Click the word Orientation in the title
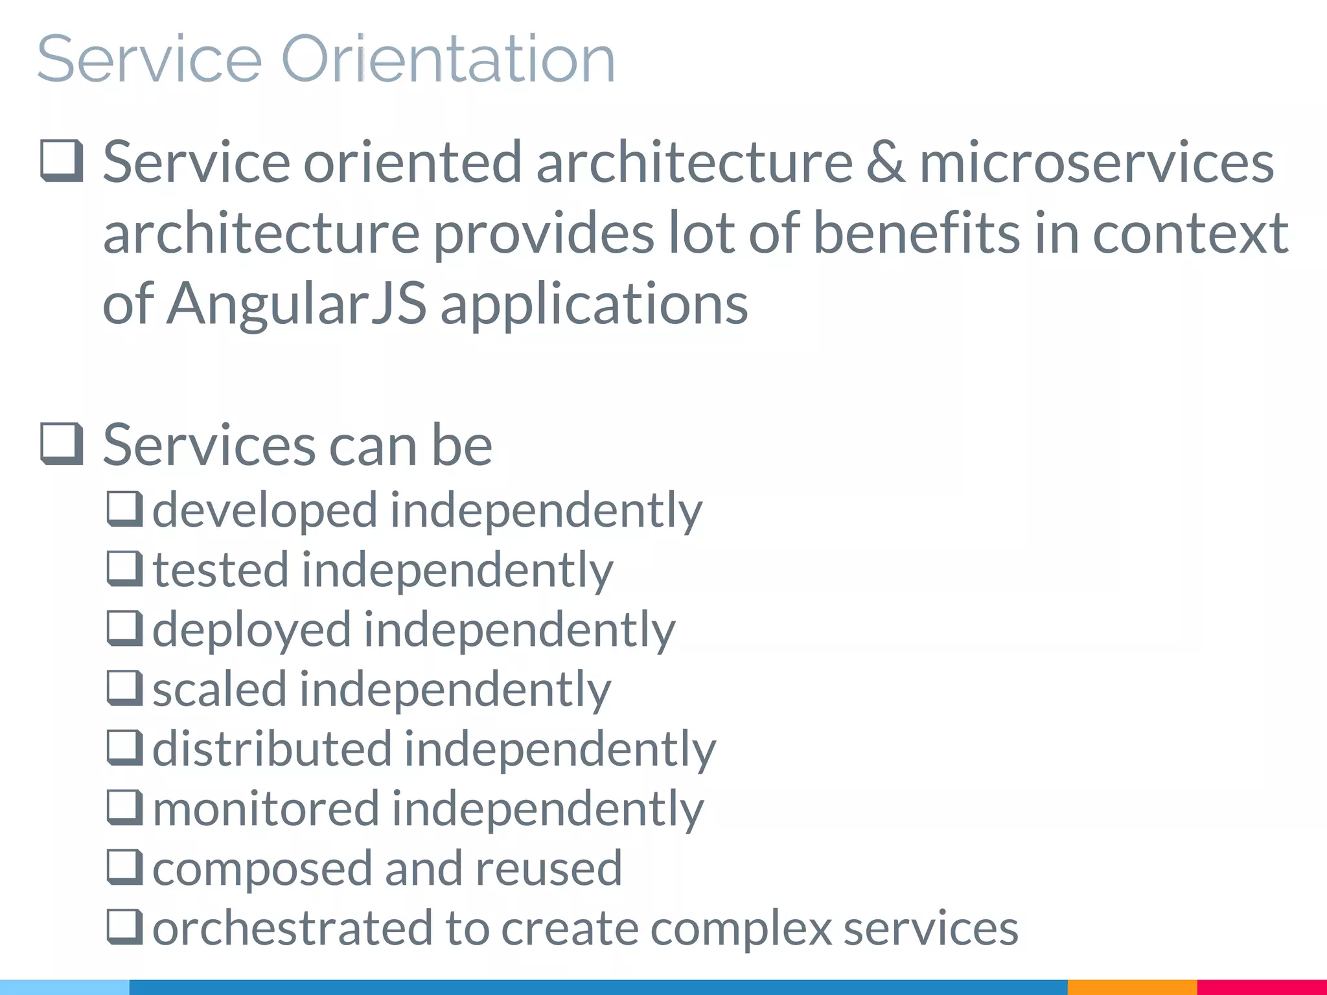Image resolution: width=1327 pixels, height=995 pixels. point(447,60)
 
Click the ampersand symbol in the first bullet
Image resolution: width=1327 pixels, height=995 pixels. point(886,163)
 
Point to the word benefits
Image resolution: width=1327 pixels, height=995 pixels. point(916,233)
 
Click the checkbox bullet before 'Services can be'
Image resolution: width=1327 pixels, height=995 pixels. point(62,444)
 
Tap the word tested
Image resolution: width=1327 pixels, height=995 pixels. point(220,570)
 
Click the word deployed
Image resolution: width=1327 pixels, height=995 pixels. point(251,630)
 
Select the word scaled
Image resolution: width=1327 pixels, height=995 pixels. point(219,689)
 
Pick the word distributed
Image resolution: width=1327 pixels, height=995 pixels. point(272,749)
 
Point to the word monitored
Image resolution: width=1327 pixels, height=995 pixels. point(266,809)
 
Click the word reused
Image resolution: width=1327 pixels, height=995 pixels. point(548,868)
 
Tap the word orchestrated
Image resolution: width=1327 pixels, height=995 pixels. point(292,928)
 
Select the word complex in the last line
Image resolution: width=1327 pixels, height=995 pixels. point(741,928)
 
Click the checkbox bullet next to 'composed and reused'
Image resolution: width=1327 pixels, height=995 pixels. point(124,867)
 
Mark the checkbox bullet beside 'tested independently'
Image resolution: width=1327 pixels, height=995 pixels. point(124,568)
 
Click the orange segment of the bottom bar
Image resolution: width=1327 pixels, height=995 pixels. point(1132,987)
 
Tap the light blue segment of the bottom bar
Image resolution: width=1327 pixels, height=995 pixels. point(65,987)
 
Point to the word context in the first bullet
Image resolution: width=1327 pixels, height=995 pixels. point(1190,233)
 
